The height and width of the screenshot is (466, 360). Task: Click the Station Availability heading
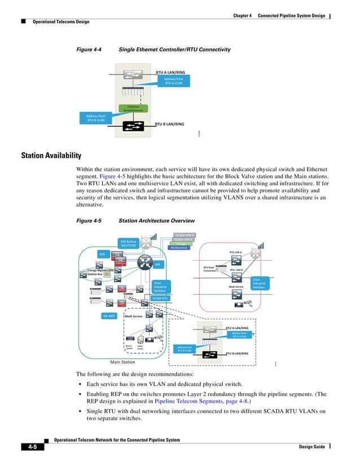pyautogui.click(x=51, y=155)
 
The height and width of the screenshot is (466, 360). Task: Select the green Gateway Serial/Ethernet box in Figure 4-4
pyautogui.click(x=133, y=108)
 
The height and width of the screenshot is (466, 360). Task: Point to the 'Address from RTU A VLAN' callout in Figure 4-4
pyautogui.click(x=173, y=81)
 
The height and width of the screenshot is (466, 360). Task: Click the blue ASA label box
pyautogui.click(x=102, y=254)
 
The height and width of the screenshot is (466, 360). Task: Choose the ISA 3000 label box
pyautogui.click(x=109, y=316)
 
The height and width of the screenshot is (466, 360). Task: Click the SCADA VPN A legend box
pyautogui.click(x=184, y=235)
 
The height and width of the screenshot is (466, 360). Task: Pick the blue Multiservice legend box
pyautogui.click(x=179, y=248)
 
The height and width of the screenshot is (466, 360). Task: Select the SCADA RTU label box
pyautogui.click(x=161, y=298)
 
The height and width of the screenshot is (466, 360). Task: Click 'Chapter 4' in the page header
pyautogui.click(x=243, y=15)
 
